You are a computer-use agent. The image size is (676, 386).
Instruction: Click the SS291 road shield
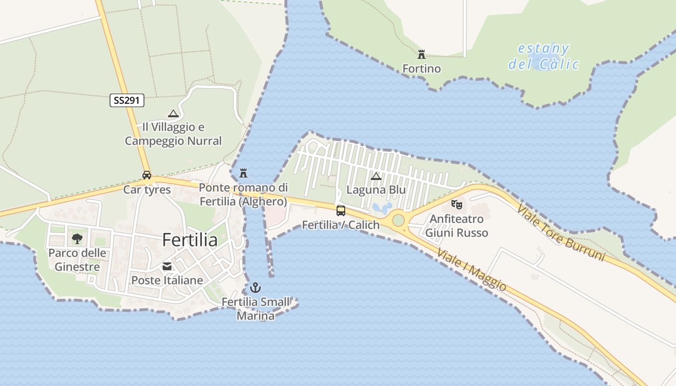pos(127,100)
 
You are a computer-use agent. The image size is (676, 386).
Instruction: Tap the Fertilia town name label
pos(190,240)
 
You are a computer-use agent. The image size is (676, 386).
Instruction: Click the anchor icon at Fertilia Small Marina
pos(255,288)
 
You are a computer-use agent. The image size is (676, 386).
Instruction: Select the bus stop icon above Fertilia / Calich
pos(341,210)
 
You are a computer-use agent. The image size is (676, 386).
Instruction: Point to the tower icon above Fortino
pos(422,54)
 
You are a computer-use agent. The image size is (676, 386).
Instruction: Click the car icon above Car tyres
pos(147,175)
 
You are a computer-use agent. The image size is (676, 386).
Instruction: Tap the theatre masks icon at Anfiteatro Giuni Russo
pos(456,205)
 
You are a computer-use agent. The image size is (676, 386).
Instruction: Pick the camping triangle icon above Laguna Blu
pos(376,176)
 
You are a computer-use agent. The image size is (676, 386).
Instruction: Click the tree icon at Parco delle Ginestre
pos(77,238)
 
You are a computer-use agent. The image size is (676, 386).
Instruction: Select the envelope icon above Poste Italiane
pos(167,266)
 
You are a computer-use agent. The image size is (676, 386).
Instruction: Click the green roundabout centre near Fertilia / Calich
pos(398,221)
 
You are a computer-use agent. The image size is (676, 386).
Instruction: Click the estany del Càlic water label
pos(544,56)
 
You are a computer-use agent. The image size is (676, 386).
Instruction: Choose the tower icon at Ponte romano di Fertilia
pos(243,173)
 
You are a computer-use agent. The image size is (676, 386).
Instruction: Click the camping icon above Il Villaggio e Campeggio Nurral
pos(173,114)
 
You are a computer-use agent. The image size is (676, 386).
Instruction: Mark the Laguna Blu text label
pos(376,190)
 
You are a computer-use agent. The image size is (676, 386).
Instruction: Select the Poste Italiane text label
pos(167,280)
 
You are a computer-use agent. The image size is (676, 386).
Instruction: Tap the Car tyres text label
pos(147,190)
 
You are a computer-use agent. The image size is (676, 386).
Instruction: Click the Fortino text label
pos(422,69)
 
